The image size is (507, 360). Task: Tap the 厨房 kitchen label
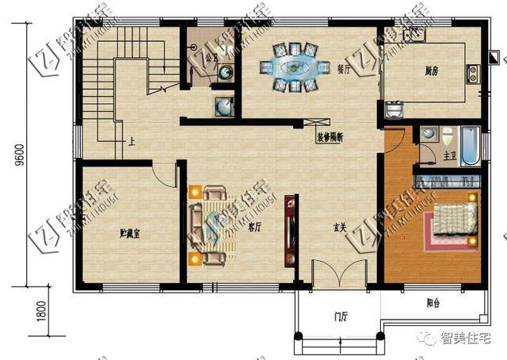coord(421,70)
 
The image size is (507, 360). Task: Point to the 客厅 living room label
coord(255,227)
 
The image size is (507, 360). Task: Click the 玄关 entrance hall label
coord(340,227)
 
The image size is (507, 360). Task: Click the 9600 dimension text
coord(17,155)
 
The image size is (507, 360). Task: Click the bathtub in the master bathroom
coord(470,145)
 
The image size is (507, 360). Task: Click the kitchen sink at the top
coord(412,34)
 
